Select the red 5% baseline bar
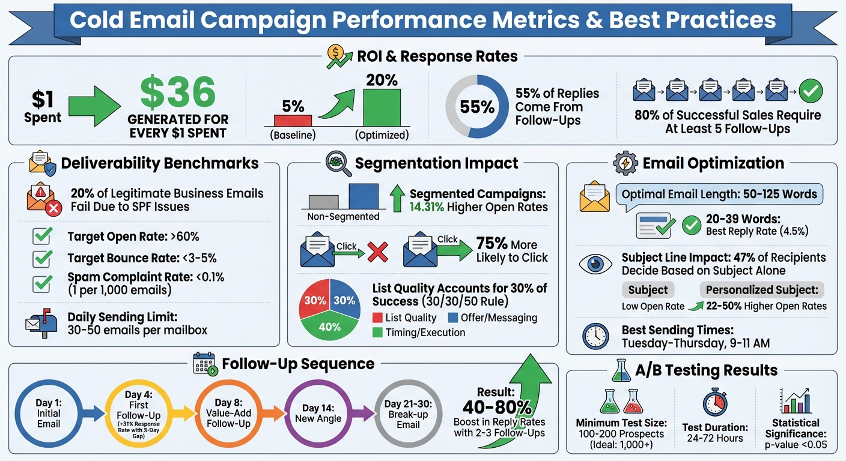point(293,120)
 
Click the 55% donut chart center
point(477,107)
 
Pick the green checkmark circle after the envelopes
point(811,91)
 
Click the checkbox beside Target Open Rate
point(41,237)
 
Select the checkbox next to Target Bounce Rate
point(41,259)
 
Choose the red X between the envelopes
point(377,253)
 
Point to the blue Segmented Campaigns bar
point(364,196)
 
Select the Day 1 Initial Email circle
point(49,413)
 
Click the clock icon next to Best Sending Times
point(596,337)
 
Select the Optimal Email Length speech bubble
point(719,195)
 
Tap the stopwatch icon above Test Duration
point(714,402)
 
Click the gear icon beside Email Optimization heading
point(625,163)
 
